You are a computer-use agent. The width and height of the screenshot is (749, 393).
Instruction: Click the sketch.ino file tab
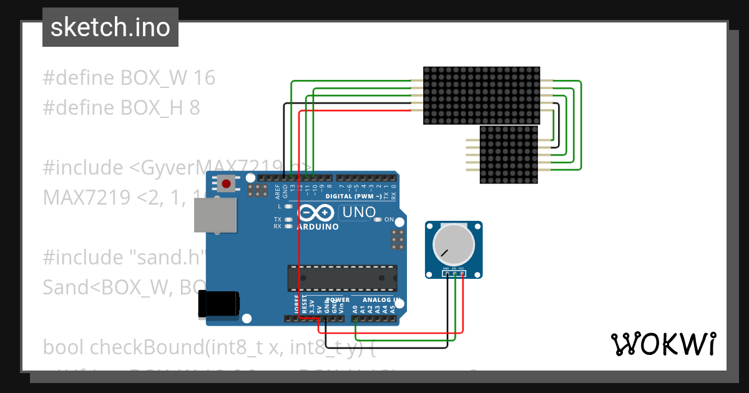110,27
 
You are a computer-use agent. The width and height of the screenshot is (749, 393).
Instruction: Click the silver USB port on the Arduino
215,216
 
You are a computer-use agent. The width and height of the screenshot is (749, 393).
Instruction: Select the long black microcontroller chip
342,278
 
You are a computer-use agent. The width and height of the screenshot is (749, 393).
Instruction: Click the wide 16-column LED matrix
481,95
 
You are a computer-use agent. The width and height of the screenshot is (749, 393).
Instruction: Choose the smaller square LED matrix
509,155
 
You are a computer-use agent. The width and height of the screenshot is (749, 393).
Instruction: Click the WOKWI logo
663,344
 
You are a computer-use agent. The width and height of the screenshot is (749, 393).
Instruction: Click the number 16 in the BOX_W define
204,78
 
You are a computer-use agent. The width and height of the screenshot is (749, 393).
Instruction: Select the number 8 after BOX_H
194,108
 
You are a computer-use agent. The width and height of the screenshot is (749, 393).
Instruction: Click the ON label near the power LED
389,220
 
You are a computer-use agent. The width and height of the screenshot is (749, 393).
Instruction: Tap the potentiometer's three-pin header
454,273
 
